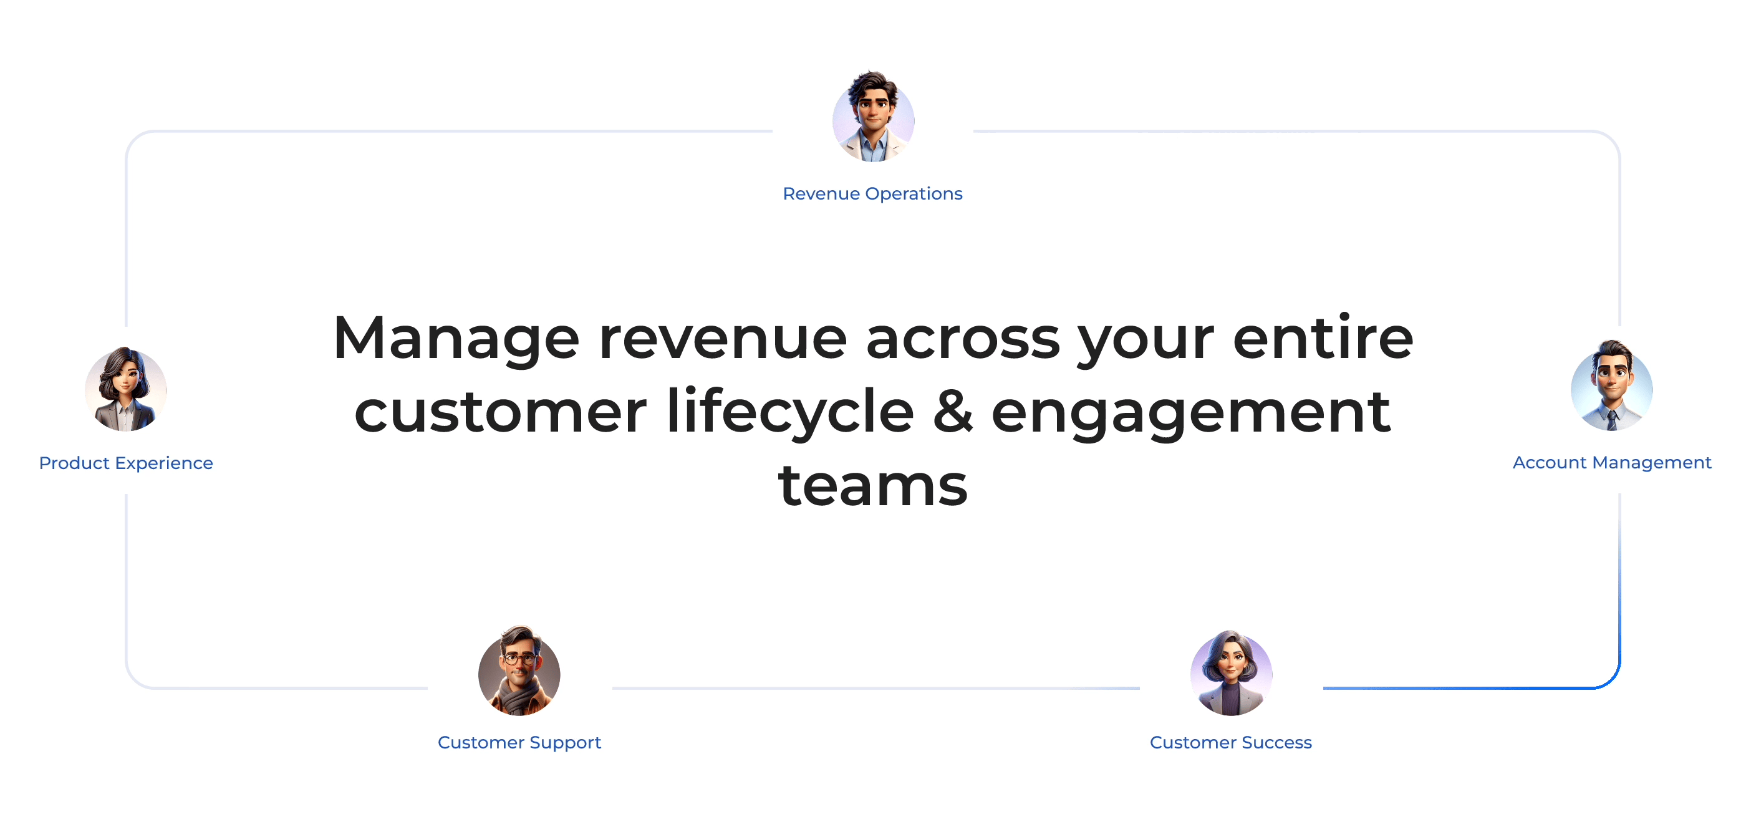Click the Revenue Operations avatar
pos(873,117)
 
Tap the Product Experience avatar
pos(126,389)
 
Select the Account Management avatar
pos(1612,385)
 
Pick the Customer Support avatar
pos(519,670)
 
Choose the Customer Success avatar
pos(1231,673)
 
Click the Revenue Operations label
pos(872,194)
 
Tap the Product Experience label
pos(126,463)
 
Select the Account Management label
pos(1612,462)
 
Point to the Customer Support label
pos(519,743)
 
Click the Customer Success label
pos(1231,743)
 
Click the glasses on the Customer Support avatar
pos(520,658)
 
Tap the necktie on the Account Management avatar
pos(1612,420)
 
